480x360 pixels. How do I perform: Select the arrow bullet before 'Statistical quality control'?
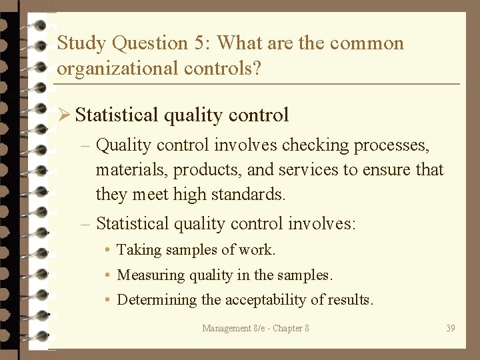(64, 115)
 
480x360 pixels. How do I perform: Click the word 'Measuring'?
(147, 275)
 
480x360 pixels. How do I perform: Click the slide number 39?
(451, 328)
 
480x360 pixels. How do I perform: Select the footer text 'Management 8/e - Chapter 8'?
(255, 328)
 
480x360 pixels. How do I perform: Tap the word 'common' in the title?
(367, 43)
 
